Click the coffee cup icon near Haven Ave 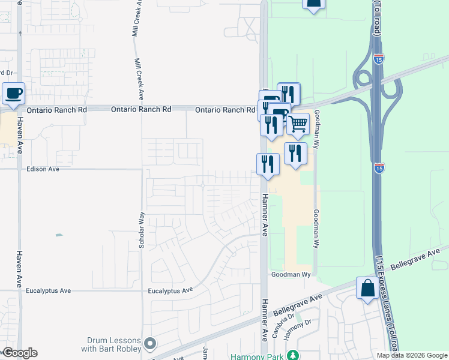(13, 94)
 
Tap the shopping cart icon (298, 124)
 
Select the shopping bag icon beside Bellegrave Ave (367, 289)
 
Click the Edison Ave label (43, 169)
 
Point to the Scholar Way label (142, 230)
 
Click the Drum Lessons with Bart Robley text (113, 344)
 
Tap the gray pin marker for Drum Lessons (150, 344)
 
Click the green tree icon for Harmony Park (292, 355)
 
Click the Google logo (19, 353)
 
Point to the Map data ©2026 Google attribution (412, 355)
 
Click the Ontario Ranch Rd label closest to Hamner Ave (225, 110)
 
